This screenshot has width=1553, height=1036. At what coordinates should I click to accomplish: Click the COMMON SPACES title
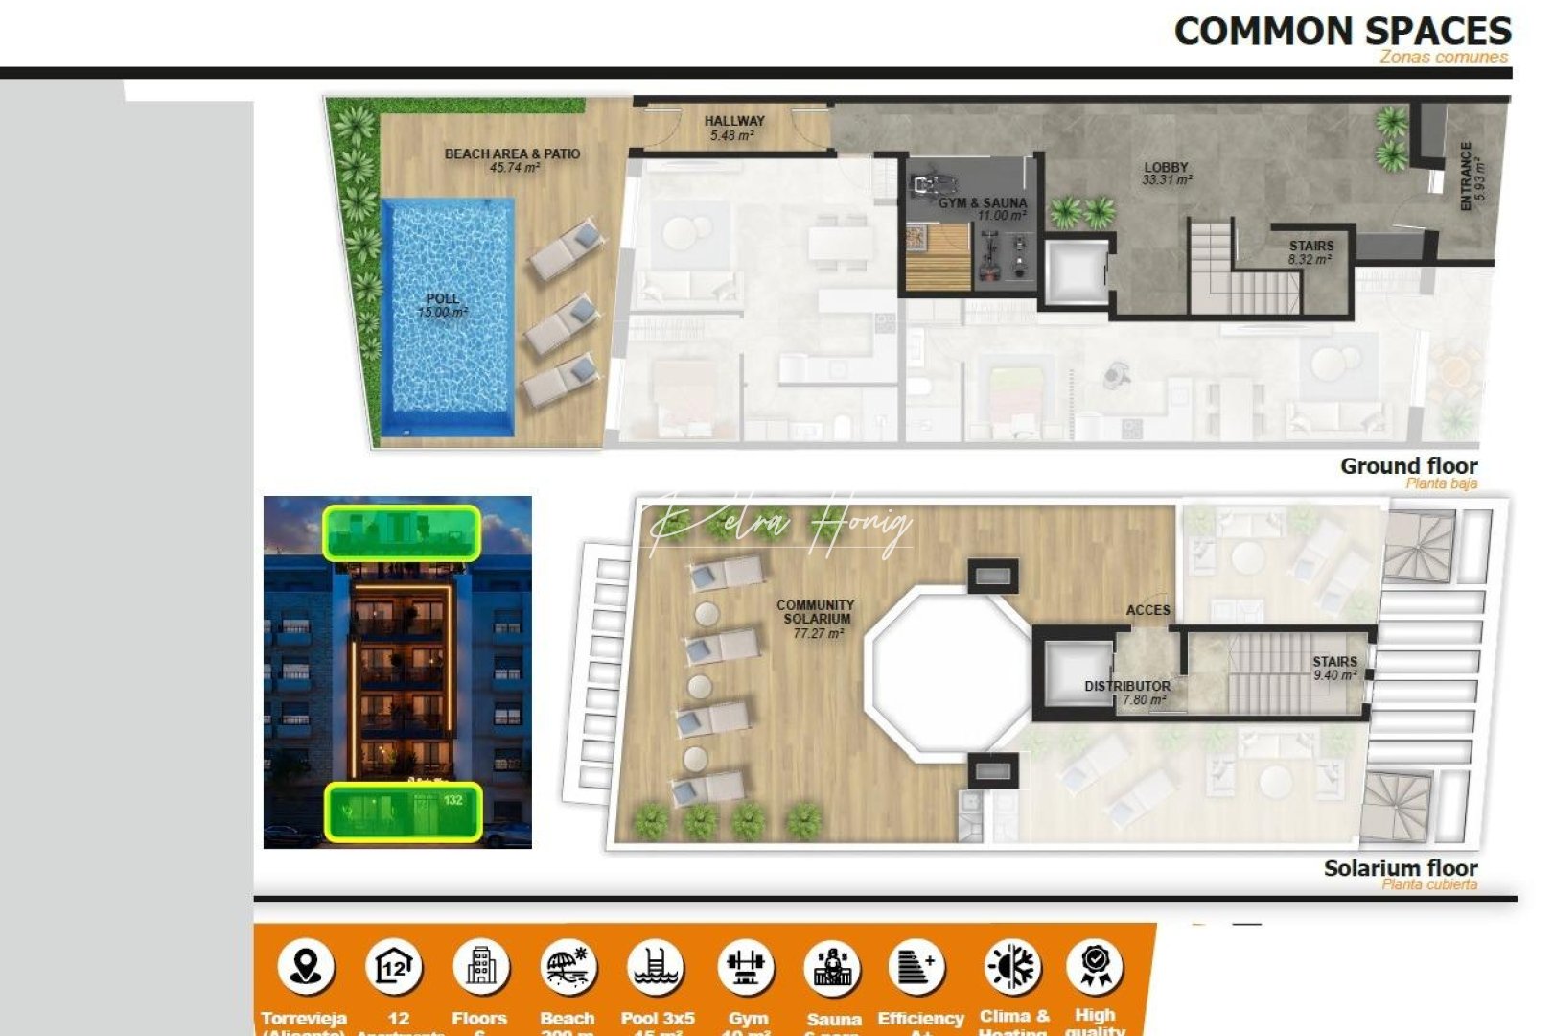pyautogui.click(x=1342, y=32)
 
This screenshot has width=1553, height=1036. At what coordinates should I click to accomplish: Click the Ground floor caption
pyautogui.click(x=1408, y=467)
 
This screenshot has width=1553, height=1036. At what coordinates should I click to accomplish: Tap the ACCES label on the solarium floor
pyautogui.click(x=1147, y=610)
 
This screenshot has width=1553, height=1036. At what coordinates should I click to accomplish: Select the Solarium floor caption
pyautogui.click(x=1400, y=869)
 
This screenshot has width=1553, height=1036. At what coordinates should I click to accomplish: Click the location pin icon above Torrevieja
pyautogui.click(x=305, y=966)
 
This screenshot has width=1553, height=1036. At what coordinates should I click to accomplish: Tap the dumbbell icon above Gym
pyautogui.click(x=746, y=966)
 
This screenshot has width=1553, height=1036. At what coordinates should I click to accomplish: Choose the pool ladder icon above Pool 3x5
pyautogui.click(x=657, y=966)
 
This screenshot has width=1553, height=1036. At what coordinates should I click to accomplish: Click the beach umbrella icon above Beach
pyautogui.click(x=568, y=966)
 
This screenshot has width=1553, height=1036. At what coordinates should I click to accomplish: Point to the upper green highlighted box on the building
pyautogui.click(x=402, y=533)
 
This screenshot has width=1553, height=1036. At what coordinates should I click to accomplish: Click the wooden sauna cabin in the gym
pyautogui.click(x=939, y=257)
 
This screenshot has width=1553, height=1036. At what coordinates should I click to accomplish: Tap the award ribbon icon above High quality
pyautogui.click(x=1095, y=966)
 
